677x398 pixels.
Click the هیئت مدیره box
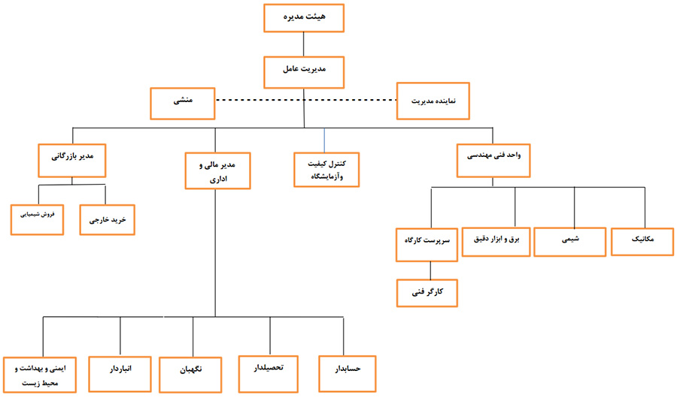[x=303, y=17]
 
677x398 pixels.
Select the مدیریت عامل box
[x=303, y=70]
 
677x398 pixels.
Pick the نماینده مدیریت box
[x=433, y=101]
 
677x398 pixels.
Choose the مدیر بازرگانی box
[x=71, y=158]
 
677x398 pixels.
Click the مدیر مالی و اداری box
[x=217, y=170]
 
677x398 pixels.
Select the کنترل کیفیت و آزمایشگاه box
[x=325, y=170]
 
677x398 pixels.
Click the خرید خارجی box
[x=105, y=221]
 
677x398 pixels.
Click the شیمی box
[x=570, y=241]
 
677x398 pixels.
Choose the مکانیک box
[x=643, y=240]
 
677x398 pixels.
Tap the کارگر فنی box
[x=427, y=292]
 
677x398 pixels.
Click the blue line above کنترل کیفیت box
[x=325, y=140]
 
